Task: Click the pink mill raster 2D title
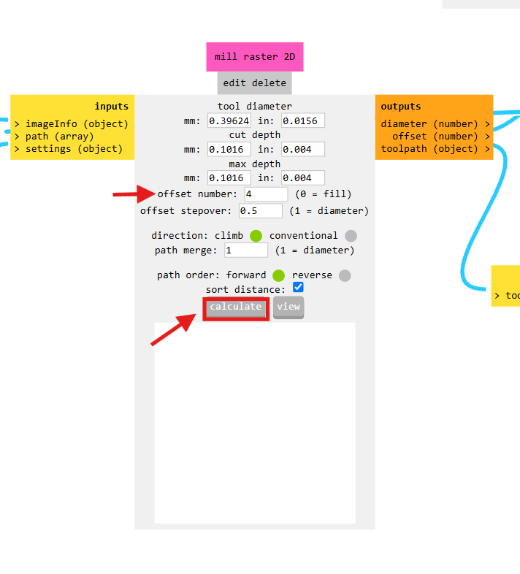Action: [x=254, y=56]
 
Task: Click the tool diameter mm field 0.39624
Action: [x=229, y=120]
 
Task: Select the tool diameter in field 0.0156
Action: [x=302, y=120]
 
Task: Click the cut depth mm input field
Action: [x=229, y=149]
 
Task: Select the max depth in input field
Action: [x=302, y=177]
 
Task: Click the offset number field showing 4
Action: [x=266, y=194]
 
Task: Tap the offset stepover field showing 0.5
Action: [x=260, y=211]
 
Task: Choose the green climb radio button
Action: [x=256, y=236]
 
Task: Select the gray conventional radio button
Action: [x=351, y=236]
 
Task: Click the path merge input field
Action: [x=246, y=250]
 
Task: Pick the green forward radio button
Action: [x=278, y=275]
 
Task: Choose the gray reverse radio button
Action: [x=345, y=275]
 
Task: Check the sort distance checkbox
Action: [x=298, y=288]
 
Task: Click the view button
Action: [x=288, y=307]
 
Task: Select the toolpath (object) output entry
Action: [x=435, y=149]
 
